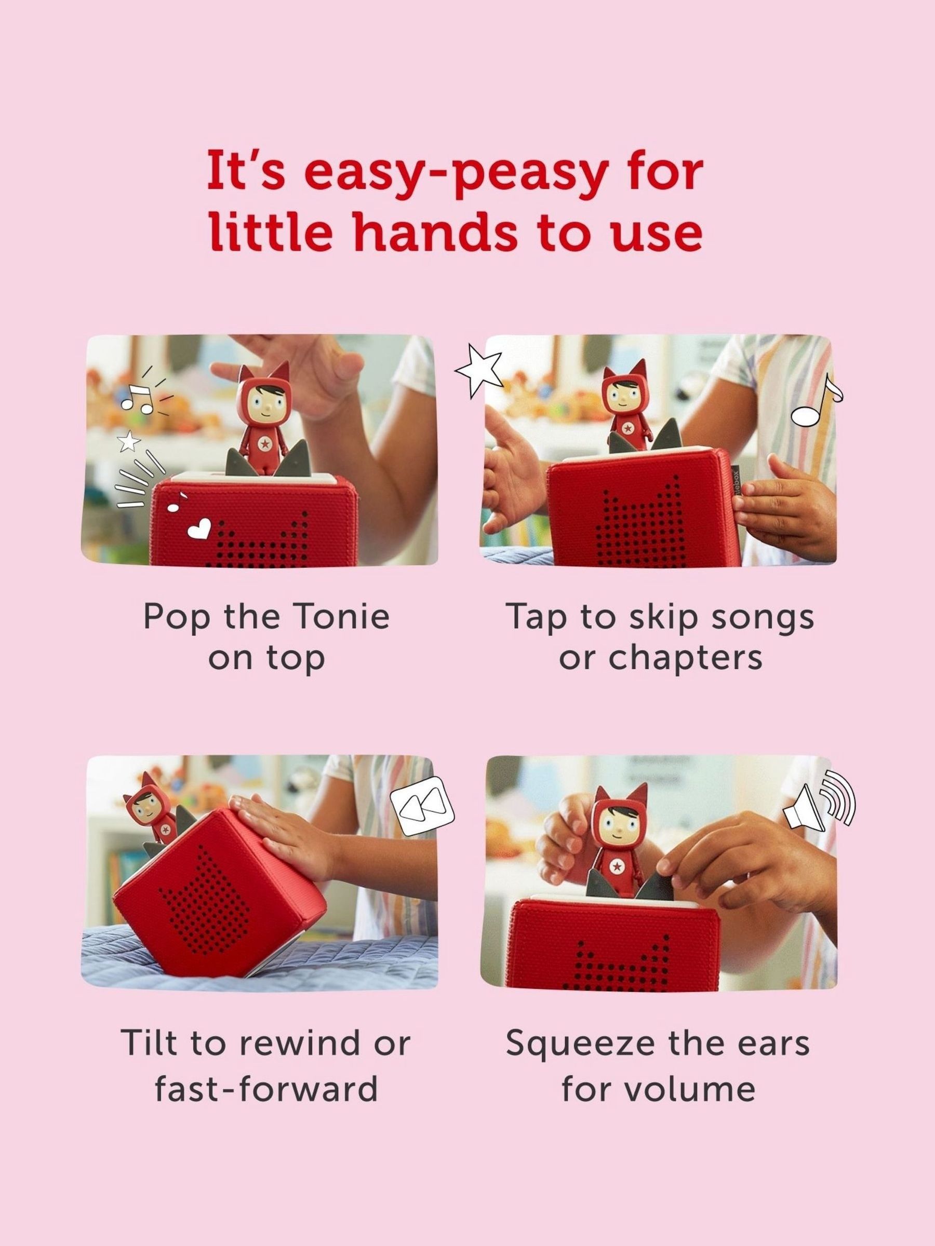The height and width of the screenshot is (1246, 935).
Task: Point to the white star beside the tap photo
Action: [x=478, y=367]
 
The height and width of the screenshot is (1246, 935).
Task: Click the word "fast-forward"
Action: [x=266, y=1089]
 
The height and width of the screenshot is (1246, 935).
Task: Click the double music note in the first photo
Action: [x=138, y=398]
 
